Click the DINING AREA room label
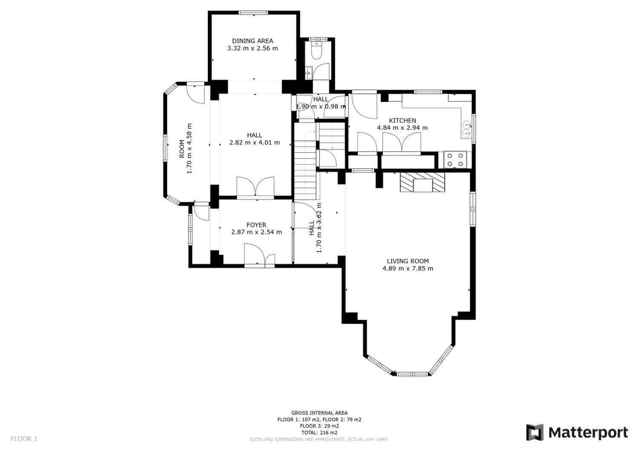[x=252, y=41]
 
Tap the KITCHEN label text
[x=402, y=121]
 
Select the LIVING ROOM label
[x=408, y=261]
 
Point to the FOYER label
[x=256, y=225]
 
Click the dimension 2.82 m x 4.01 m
[x=254, y=143]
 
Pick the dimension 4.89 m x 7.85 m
[x=408, y=268]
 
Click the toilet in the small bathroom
[x=317, y=51]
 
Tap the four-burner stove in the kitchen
[x=455, y=160]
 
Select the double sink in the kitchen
[x=467, y=129]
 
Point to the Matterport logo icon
[x=535, y=432]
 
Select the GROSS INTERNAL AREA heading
[x=319, y=413]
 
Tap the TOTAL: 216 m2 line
[x=319, y=432]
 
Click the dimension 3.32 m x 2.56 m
[x=252, y=48]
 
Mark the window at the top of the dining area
[x=253, y=13]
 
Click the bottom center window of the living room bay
[x=412, y=374]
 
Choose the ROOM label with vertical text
[x=182, y=149]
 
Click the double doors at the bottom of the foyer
[x=259, y=256]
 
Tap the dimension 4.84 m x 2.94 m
[x=402, y=127]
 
